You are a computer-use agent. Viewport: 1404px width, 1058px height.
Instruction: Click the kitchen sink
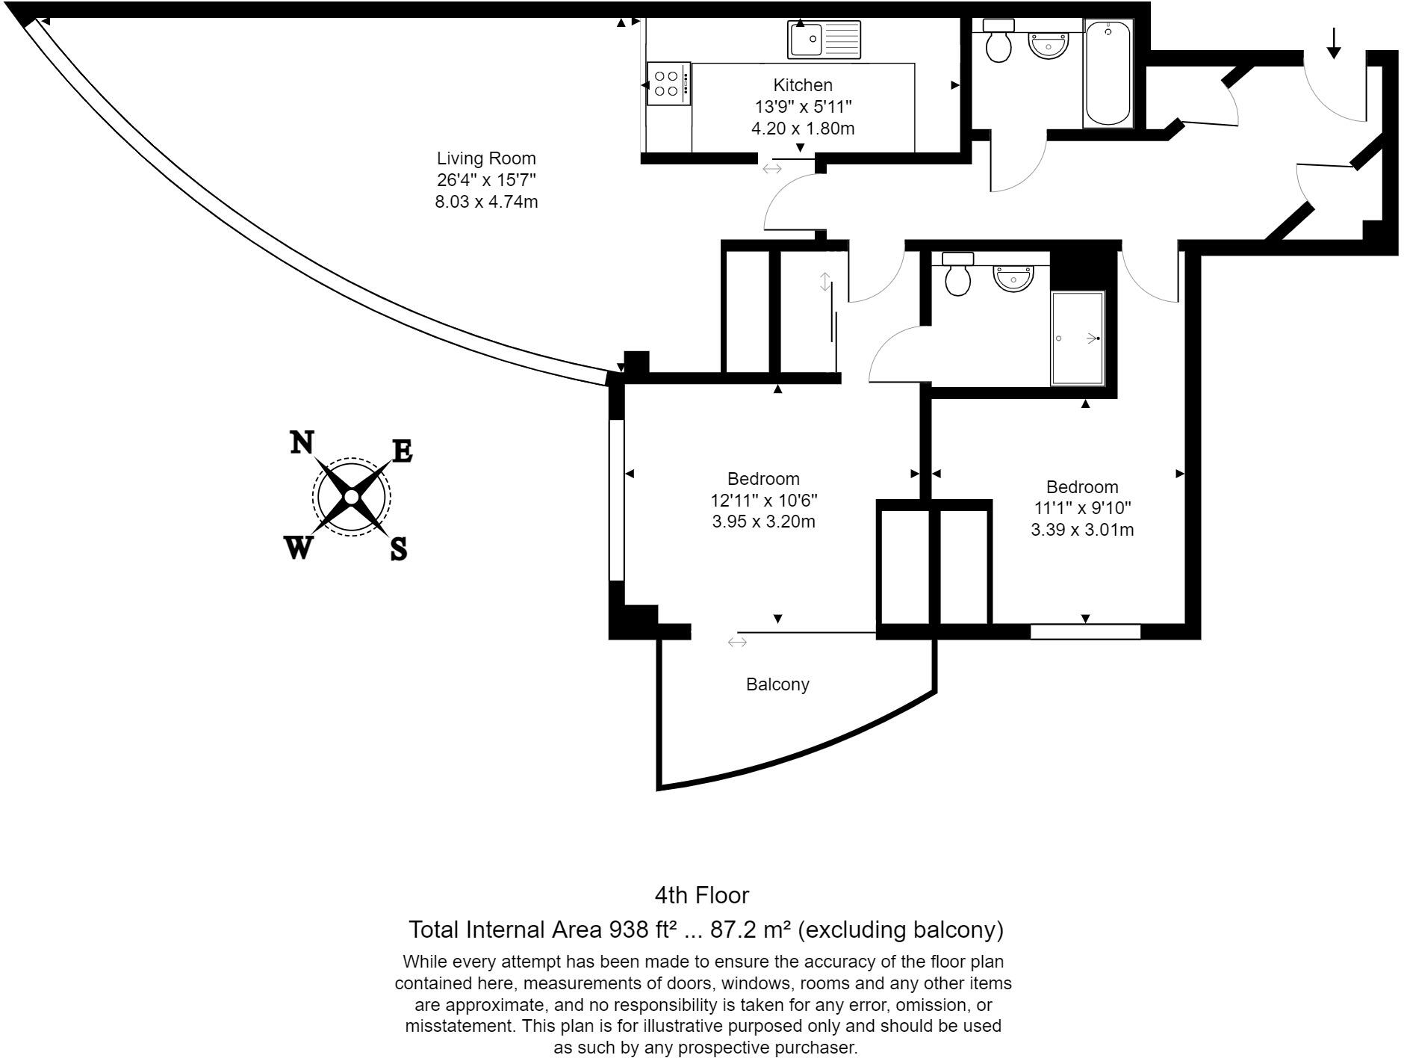pos(824,40)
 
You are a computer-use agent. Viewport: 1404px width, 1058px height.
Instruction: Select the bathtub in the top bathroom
pos(1108,72)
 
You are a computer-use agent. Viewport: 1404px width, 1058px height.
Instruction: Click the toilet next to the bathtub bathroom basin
pos(998,42)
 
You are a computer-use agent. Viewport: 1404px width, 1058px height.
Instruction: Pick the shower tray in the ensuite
pos(1077,338)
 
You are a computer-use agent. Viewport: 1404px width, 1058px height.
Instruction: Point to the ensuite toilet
pos(957,274)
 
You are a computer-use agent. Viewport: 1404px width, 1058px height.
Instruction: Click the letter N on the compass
pos(301,443)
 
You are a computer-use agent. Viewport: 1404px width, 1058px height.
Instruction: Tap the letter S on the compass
pos(399,549)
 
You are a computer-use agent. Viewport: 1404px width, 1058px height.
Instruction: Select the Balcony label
pos(777,684)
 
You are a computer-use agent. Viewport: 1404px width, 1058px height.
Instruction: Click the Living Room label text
pos(486,158)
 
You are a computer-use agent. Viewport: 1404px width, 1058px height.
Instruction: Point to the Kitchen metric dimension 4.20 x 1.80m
pos(803,129)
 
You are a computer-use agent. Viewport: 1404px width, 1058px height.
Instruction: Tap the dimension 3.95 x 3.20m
pos(763,522)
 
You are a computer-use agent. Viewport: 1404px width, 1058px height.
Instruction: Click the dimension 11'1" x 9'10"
pos(1082,509)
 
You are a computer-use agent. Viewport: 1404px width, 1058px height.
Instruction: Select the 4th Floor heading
pos(701,895)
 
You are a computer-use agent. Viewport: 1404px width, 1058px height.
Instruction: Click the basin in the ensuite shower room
pos(1013,276)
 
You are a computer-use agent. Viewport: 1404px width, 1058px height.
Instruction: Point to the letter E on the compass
pos(402,451)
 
